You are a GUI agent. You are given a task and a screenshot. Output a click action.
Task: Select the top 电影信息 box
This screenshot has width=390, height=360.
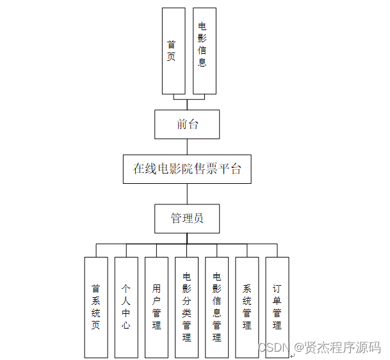pos(204,51)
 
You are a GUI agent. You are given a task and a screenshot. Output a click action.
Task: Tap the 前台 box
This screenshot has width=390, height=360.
pos(187,124)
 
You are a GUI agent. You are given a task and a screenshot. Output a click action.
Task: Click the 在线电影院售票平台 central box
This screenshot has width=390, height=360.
pos(187,169)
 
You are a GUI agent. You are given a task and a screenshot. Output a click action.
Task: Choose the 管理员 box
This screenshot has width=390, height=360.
pos(187,218)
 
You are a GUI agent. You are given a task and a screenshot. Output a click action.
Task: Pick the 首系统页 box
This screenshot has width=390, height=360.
pos(96,307)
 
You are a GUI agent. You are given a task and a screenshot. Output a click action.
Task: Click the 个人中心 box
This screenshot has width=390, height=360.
pos(126,307)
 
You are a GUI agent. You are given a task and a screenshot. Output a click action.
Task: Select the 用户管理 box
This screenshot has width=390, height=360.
pos(156,307)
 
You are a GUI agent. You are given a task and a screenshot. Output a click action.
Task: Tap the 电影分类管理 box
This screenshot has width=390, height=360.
pos(186,307)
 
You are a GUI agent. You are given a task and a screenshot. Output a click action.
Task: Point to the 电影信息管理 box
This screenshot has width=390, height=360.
pos(216,307)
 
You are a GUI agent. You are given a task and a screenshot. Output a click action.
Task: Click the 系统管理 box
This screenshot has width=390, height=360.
pos(247,307)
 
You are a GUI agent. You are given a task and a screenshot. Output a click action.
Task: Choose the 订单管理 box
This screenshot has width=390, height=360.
pos(277,307)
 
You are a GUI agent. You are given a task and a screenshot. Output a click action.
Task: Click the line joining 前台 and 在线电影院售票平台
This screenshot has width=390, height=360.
pos(187,147)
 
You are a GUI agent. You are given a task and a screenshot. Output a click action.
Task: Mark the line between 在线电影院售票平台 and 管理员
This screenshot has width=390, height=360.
pos(187,194)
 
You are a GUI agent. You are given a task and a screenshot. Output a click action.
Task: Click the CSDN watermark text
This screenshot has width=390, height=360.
pos(271,348)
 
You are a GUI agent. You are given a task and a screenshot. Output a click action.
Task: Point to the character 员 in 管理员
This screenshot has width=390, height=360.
pos(199,218)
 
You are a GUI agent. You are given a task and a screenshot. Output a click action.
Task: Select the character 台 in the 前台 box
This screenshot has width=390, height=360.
pos(193,124)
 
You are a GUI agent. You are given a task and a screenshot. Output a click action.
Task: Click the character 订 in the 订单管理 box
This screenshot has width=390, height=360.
pos(277,290)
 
